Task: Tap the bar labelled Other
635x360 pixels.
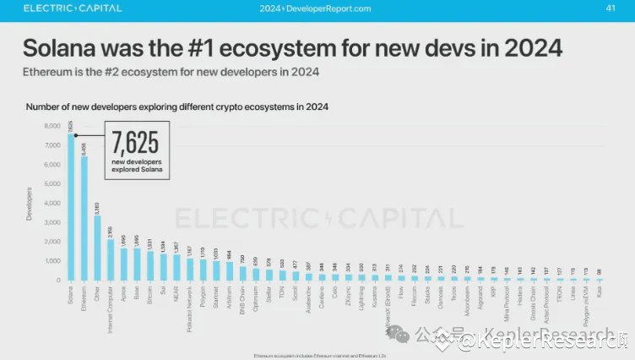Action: click(x=97, y=248)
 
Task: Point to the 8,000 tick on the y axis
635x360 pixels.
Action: click(x=52, y=126)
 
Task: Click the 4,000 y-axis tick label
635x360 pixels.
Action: click(x=52, y=203)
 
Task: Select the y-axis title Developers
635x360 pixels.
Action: click(x=30, y=204)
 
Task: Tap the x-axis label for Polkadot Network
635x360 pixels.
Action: click(x=189, y=309)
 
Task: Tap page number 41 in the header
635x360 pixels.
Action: click(x=611, y=8)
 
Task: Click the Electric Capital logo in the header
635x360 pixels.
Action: click(x=73, y=8)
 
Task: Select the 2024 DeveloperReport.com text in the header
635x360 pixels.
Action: click(x=316, y=8)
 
